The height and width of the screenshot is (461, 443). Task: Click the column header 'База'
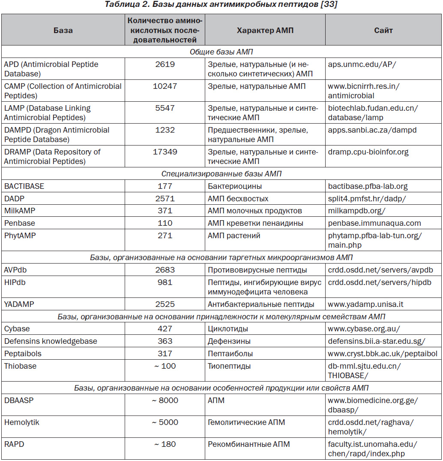(x=63, y=30)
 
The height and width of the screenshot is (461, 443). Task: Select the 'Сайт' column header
(x=383, y=30)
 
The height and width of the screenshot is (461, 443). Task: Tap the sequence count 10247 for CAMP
(x=165, y=86)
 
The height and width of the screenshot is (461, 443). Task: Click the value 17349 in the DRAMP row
(x=165, y=152)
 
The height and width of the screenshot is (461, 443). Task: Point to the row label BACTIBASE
(x=24, y=186)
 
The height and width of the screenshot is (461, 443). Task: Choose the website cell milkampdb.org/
(x=356, y=211)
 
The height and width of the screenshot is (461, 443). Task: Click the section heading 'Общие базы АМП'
(x=221, y=52)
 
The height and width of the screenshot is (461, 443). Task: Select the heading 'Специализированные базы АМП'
(x=221, y=174)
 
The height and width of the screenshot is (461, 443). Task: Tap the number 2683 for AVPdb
(x=165, y=270)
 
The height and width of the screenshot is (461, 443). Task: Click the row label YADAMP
(x=19, y=304)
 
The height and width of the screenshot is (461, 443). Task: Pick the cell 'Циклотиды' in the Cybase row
(x=227, y=329)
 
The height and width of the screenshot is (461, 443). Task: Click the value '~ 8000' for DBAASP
(x=165, y=400)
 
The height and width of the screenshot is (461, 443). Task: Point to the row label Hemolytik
(x=22, y=422)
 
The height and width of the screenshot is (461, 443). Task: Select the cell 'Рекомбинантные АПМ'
(x=249, y=444)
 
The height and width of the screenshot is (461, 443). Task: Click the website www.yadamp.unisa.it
(x=365, y=304)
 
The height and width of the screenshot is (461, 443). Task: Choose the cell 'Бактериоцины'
(x=235, y=186)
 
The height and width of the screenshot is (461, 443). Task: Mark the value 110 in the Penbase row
(x=165, y=223)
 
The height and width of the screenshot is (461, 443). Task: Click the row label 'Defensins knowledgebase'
(x=51, y=341)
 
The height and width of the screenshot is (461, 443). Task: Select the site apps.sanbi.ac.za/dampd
(x=372, y=130)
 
